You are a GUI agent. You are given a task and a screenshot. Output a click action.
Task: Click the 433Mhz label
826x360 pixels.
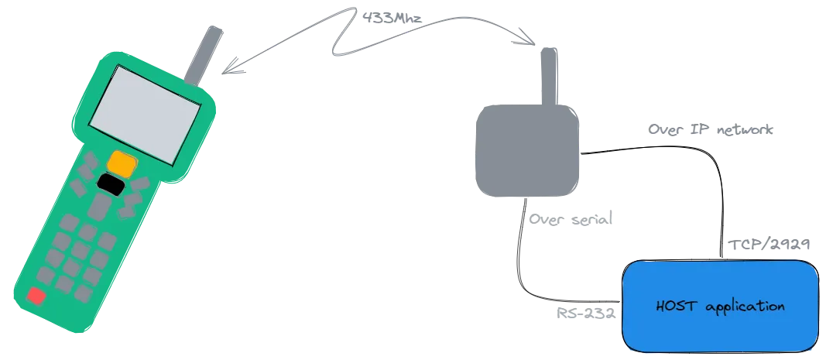click(x=392, y=18)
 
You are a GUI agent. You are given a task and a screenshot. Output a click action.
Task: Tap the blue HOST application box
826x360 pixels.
click(x=720, y=306)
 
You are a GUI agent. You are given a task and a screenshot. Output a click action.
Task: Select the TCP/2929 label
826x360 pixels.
click(x=769, y=245)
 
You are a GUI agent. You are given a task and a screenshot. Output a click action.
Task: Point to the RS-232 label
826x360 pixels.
click(x=586, y=313)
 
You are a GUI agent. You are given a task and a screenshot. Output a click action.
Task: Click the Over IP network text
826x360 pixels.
click(x=711, y=129)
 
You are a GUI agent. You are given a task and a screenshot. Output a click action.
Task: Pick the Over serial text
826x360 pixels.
click(x=571, y=219)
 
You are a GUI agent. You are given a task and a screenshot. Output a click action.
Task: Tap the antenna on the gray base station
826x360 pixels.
click(x=549, y=77)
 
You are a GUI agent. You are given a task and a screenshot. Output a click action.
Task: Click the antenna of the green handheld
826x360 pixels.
click(x=204, y=55)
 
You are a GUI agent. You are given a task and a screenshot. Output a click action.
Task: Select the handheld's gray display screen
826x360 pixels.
click(x=145, y=115)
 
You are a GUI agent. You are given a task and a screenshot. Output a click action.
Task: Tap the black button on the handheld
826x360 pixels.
click(x=111, y=184)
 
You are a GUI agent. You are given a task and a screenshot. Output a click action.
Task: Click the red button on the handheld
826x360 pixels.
click(x=36, y=296)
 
